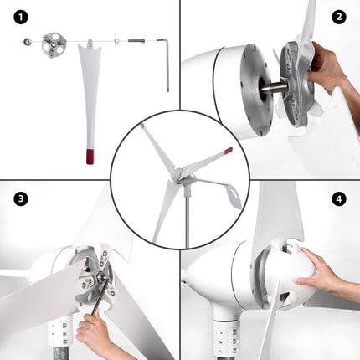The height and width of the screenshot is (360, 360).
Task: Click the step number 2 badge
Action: pyautogui.click(x=339, y=17)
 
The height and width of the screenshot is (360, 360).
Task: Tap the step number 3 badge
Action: pyautogui.click(x=19, y=198)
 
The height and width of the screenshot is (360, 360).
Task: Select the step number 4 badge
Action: pyautogui.click(x=339, y=198)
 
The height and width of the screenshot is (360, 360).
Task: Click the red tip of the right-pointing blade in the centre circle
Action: pyautogui.click(x=228, y=151)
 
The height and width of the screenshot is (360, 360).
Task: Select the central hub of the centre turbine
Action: pyautogui.click(x=177, y=173)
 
